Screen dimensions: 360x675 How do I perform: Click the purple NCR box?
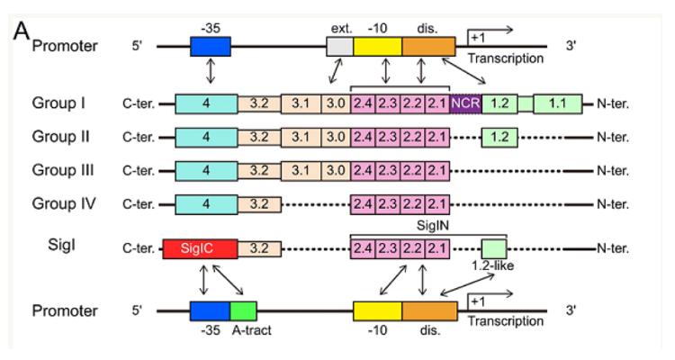click(465, 104)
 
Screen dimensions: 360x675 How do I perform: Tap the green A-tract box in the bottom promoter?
click(244, 310)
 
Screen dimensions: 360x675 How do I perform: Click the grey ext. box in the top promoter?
click(339, 45)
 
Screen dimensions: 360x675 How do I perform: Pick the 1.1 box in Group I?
click(558, 104)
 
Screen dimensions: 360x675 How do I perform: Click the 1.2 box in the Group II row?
click(503, 138)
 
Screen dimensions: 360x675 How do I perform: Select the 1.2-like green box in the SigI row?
click(494, 248)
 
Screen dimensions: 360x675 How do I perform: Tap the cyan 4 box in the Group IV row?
click(206, 202)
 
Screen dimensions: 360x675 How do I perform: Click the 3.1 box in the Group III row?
click(301, 170)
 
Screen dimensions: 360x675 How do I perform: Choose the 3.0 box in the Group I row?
click(336, 104)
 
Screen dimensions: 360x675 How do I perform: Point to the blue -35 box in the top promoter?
click(211, 45)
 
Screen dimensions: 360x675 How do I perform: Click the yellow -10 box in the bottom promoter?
click(376, 310)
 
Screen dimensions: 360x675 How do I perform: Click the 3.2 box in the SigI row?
click(258, 248)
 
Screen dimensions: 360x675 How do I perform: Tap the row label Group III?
click(63, 170)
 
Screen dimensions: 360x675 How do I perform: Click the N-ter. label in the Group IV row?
click(612, 202)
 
